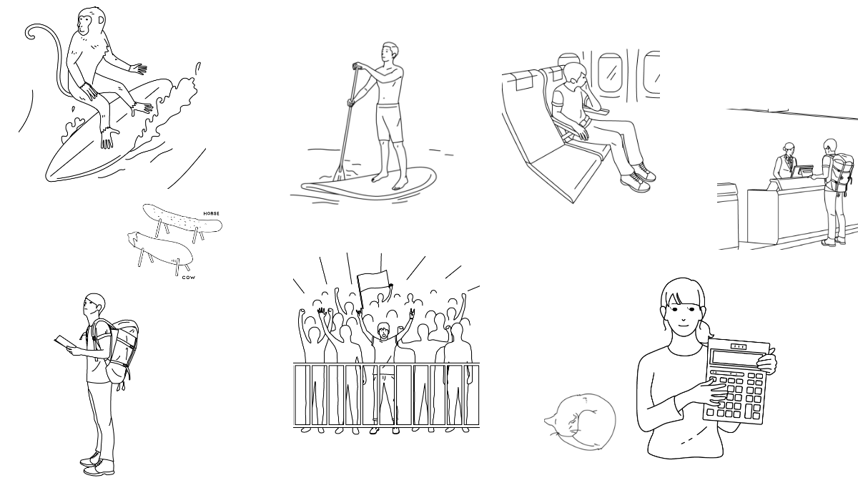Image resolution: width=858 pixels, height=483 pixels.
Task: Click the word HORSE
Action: tap(212, 213)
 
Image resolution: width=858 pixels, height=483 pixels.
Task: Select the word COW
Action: tap(188, 276)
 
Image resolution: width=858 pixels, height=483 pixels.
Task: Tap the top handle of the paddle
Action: tap(354, 67)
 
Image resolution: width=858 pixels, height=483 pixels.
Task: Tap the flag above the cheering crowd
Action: tap(373, 285)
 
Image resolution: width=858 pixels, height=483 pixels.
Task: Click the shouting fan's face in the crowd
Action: tap(383, 331)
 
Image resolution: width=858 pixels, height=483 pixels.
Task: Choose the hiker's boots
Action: tap(96, 464)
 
